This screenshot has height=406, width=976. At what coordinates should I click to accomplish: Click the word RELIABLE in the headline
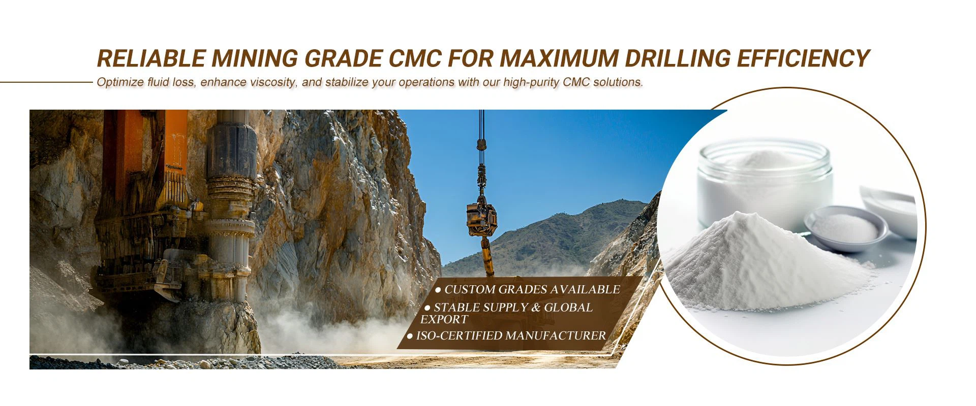[x=151, y=58]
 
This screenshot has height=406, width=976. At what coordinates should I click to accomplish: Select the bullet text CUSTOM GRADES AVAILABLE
[x=528, y=289]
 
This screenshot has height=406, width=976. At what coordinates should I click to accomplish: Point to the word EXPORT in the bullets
[x=444, y=319]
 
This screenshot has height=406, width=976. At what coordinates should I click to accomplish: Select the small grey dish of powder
[x=846, y=228]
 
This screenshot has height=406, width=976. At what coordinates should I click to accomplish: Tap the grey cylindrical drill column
[x=230, y=203]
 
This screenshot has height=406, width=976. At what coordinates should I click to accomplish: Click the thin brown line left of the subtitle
[x=46, y=82]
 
